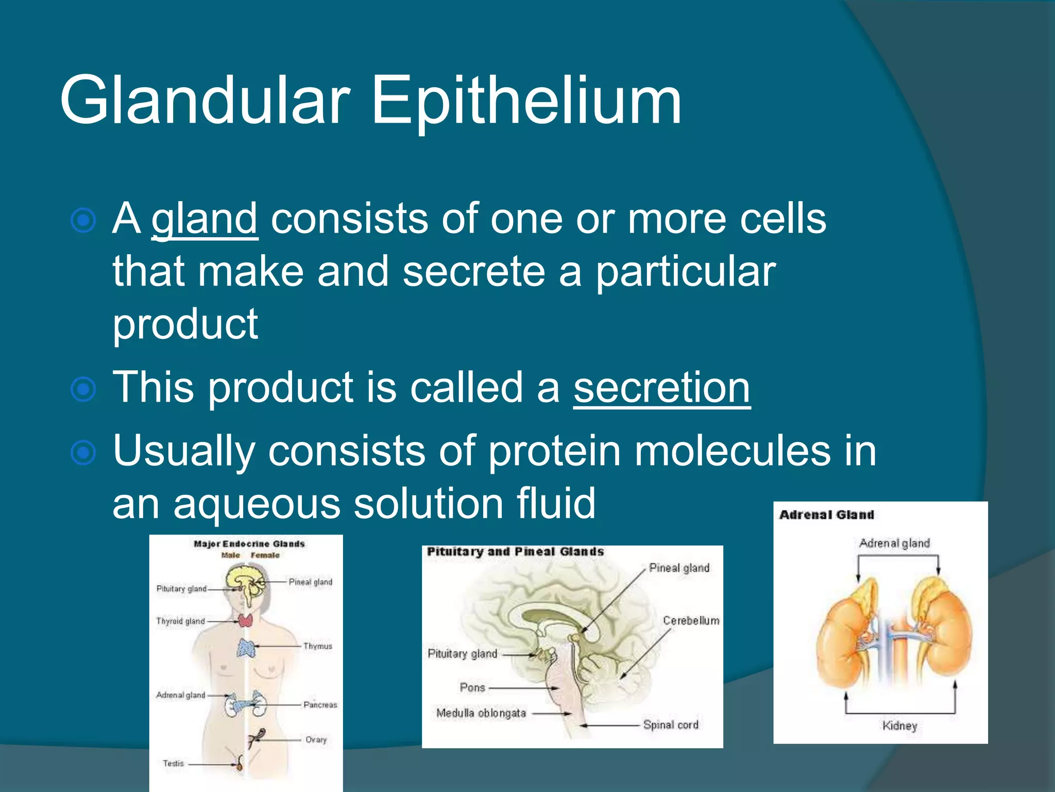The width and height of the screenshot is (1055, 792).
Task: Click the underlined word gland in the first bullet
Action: pyautogui.click(x=205, y=219)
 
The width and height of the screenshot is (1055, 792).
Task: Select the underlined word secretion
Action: pyautogui.click(x=662, y=388)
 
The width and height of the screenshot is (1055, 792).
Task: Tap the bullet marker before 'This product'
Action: pyautogui.click(x=83, y=389)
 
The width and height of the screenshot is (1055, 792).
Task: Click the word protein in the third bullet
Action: pyautogui.click(x=554, y=451)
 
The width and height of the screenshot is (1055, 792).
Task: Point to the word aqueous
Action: pyautogui.click(x=257, y=504)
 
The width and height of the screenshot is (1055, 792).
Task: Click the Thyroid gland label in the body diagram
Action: pyautogui.click(x=180, y=621)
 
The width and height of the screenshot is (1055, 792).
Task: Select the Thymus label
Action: pyautogui.click(x=317, y=646)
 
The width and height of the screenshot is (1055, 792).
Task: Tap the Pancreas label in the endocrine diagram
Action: pyautogui.click(x=320, y=705)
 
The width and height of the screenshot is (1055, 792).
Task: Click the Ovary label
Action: pyautogui.click(x=316, y=740)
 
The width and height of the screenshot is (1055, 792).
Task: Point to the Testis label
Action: pyautogui.click(x=173, y=764)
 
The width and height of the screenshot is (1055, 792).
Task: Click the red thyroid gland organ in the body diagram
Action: pyautogui.click(x=246, y=621)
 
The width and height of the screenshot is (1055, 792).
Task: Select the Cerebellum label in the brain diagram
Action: pyautogui.click(x=691, y=621)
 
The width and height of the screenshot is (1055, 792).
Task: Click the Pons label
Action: pyautogui.click(x=472, y=688)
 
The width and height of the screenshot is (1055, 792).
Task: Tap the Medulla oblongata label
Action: pyautogui.click(x=481, y=714)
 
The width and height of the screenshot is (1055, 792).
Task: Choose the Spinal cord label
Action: pyautogui.click(x=671, y=725)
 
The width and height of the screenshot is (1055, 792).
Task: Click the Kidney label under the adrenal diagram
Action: pyautogui.click(x=899, y=726)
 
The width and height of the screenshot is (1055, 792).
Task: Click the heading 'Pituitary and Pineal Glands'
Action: pyautogui.click(x=515, y=552)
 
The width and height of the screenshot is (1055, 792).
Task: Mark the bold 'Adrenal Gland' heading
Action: pyautogui.click(x=826, y=515)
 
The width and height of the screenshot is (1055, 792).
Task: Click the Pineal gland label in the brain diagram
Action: pyautogui.click(x=679, y=568)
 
